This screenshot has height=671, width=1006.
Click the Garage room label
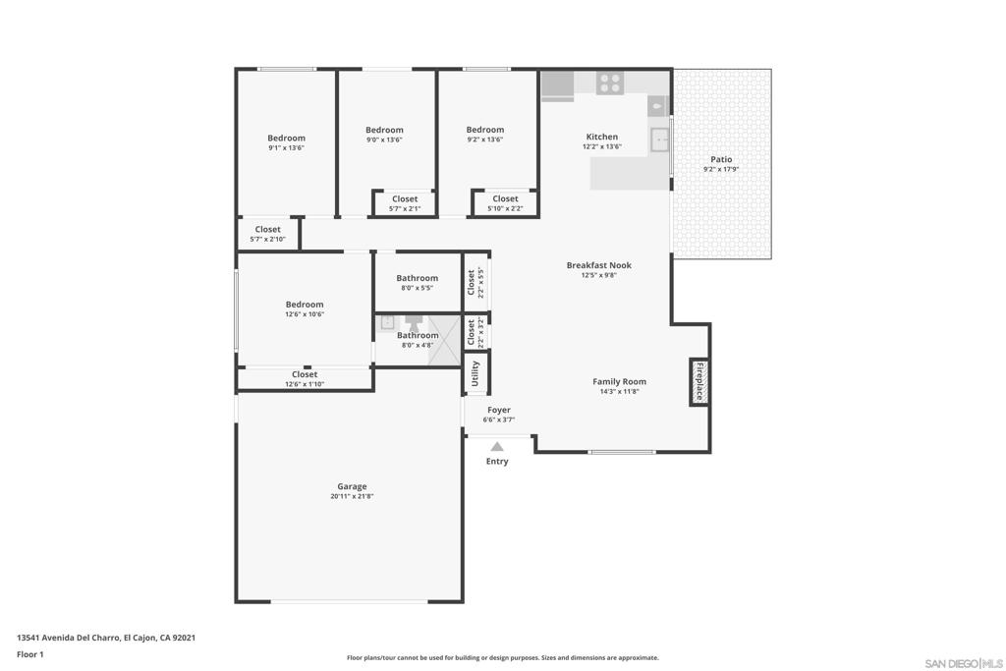point(352,486)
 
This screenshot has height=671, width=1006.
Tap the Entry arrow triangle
point(497,447)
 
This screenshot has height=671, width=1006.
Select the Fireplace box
point(699,382)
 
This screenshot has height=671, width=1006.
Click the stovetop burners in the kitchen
point(609,83)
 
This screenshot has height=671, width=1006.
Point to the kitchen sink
point(659,140)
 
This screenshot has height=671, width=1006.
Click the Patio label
point(721,159)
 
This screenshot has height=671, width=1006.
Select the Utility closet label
point(475,373)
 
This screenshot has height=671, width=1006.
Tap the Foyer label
point(499,410)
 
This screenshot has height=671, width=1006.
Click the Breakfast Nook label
point(598,265)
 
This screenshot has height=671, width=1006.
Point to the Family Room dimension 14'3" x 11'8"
point(619,391)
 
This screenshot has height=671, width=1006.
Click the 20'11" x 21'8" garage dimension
point(352,496)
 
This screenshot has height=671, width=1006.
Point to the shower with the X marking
point(445,340)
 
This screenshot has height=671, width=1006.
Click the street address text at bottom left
point(106,638)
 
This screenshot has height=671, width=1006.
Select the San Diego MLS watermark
point(964,663)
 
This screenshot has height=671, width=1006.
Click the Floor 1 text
point(30,654)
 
